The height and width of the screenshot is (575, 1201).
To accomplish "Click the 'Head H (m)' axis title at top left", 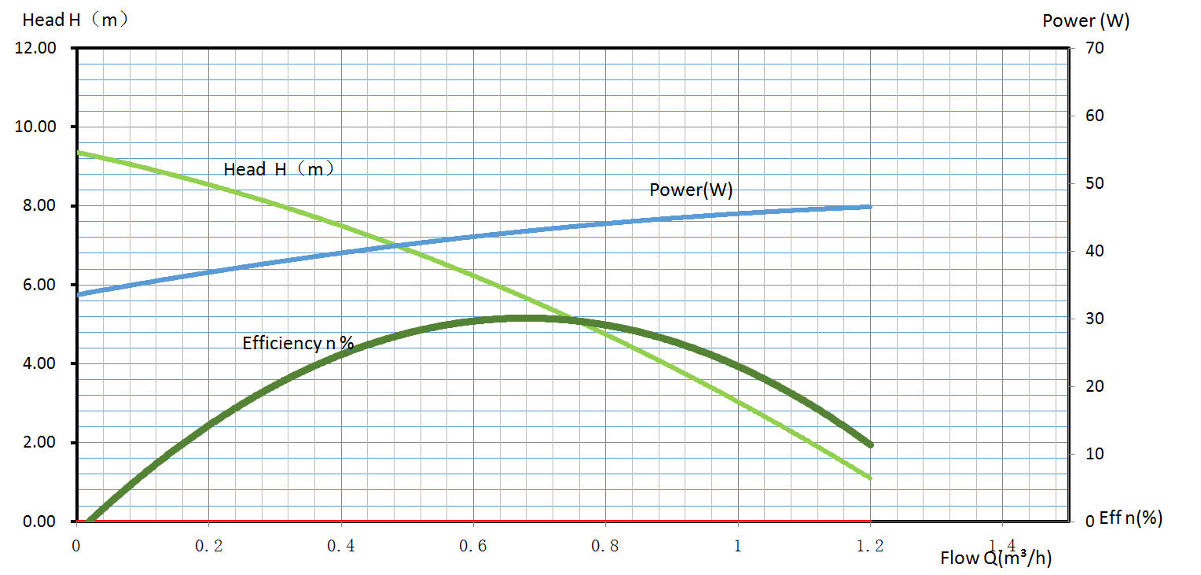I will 75,20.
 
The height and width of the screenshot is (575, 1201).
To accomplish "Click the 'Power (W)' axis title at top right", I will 1085,21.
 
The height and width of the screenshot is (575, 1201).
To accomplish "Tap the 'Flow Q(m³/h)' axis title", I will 996,558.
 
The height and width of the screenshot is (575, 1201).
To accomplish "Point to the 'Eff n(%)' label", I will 1130,518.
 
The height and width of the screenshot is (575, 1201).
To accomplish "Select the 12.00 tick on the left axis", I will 35,48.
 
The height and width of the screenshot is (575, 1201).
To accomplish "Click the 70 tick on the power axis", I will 1095,48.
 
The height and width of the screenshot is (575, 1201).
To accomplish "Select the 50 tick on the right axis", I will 1095,183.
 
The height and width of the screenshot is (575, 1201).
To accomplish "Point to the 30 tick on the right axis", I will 1095,319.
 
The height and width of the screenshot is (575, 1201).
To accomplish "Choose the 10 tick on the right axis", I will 1095,454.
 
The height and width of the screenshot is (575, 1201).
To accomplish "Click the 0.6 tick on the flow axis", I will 473,545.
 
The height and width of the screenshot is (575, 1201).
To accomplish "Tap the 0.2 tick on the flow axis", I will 208,545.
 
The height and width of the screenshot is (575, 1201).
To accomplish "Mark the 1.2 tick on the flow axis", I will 870,545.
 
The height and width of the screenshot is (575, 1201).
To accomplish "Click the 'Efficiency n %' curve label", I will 298,343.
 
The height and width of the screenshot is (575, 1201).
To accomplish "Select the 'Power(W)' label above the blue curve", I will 691,190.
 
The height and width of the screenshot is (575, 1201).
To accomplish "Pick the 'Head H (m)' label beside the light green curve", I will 279,169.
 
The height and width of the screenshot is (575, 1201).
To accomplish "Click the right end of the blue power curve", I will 870,207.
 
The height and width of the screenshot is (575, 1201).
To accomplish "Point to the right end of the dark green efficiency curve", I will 870,445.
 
